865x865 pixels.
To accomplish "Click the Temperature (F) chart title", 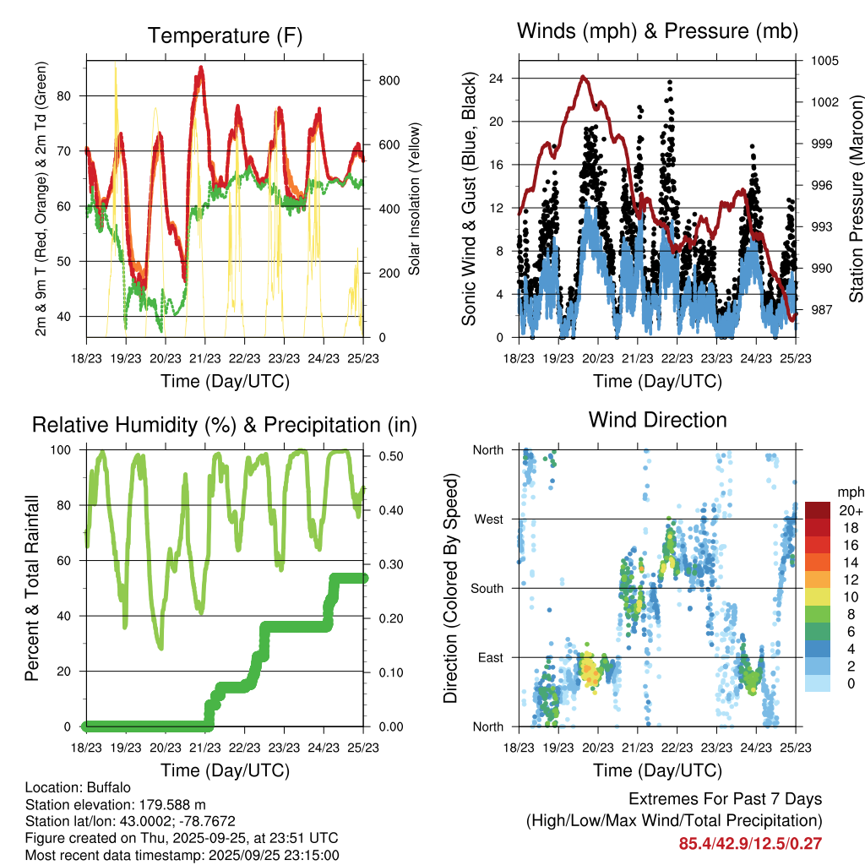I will pos(224,35).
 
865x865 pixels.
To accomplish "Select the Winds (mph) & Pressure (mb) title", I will pos(657,31).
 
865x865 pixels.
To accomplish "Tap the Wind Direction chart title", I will pos(657,419).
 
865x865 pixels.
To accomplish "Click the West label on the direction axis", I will pos(488,519).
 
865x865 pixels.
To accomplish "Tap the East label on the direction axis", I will pos(489,657).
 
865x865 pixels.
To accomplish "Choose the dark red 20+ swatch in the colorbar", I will pos(818,509).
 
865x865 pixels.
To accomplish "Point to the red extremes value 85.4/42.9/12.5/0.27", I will pos(750,843).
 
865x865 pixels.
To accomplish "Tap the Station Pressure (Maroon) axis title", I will pos(855,199).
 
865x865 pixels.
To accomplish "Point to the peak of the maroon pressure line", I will pos(584,77).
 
